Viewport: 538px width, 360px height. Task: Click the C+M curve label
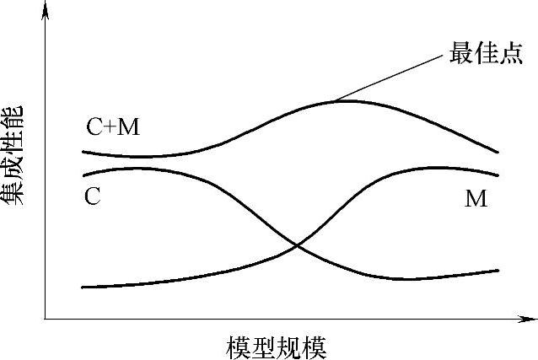click(x=113, y=127)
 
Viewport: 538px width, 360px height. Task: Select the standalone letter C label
click(x=93, y=196)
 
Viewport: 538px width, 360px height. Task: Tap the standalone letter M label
click(x=476, y=199)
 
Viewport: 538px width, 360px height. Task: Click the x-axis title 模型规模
click(x=276, y=347)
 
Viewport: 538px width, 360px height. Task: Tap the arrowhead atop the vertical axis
click(x=44, y=8)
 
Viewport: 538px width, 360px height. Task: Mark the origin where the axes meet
click(x=44, y=320)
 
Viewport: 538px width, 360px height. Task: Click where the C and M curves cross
click(x=297, y=245)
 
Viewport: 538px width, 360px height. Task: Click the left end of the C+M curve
click(x=83, y=152)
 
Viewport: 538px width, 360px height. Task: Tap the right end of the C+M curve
click(x=498, y=153)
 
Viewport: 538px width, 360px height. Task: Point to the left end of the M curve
click(x=83, y=287)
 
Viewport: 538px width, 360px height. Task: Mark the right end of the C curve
click(x=498, y=270)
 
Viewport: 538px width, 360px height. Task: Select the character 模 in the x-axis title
click(x=239, y=347)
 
